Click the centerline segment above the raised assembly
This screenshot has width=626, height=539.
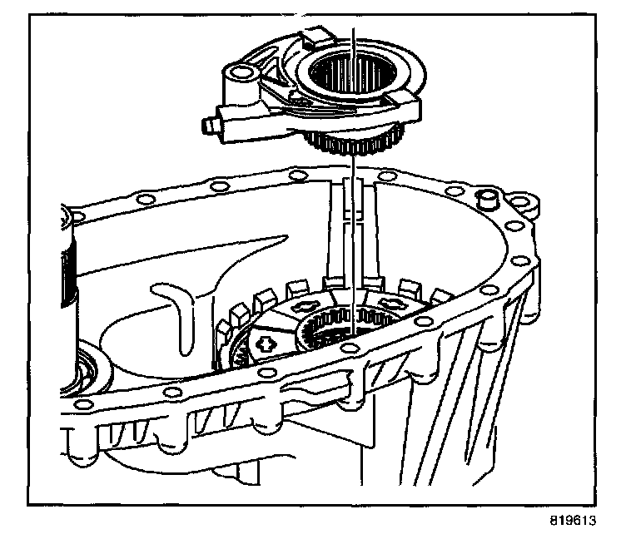point(355,37)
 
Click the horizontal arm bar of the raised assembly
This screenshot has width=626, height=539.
point(250,125)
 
